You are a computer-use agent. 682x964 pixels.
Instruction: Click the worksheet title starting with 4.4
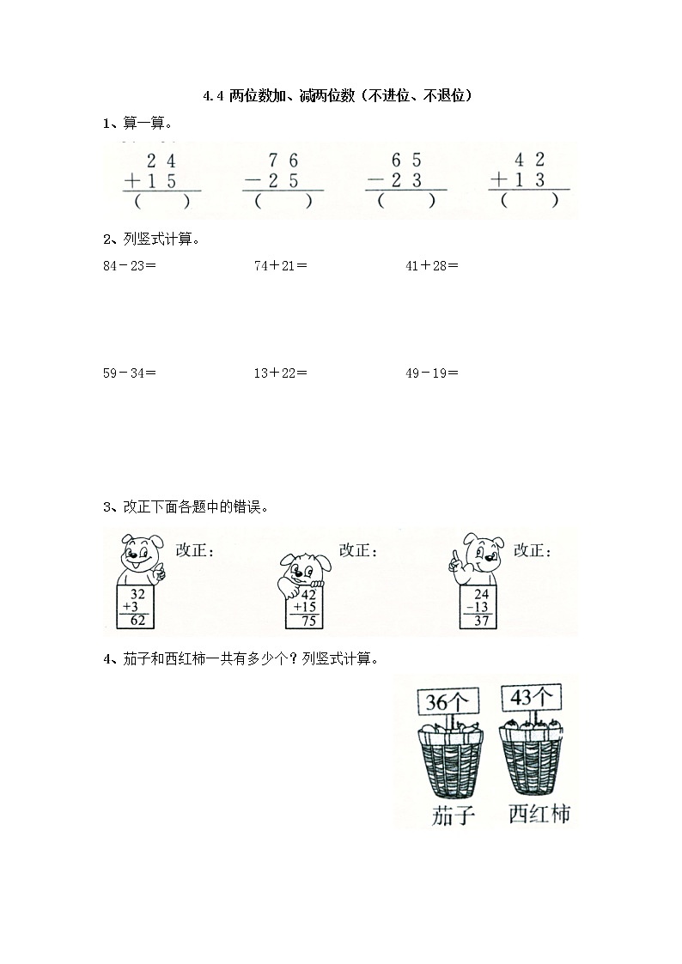340,97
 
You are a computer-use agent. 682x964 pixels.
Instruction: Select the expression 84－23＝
129,265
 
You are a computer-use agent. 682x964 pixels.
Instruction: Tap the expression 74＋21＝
280,265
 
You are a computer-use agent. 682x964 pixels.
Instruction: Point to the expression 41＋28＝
431,265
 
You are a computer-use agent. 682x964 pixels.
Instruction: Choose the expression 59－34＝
129,373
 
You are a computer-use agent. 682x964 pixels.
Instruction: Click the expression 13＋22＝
280,373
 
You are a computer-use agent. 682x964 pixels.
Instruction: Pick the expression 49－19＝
431,373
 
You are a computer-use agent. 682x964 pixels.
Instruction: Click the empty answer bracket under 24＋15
161,202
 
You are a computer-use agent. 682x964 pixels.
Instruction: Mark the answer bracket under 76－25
283,202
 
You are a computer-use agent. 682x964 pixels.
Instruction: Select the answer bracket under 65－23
406,202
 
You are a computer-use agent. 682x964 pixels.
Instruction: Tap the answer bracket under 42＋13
529,202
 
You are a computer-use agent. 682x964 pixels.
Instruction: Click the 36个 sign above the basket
447,701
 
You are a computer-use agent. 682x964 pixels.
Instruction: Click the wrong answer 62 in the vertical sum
137,621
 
